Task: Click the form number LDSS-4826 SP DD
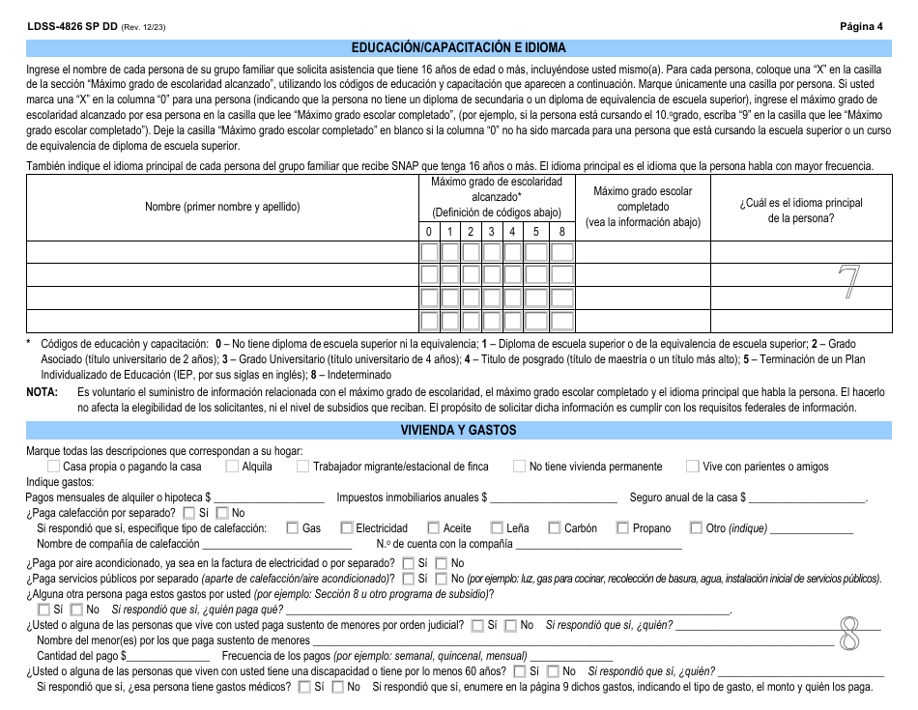pos(72,26)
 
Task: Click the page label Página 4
pos(861,26)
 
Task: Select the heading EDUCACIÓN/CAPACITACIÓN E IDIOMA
pos(458,47)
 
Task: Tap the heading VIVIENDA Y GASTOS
pos(458,430)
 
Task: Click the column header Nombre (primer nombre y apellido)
pos(222,207)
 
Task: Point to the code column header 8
pos(560,232)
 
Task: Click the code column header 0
pos(429,232)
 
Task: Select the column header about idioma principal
pos(801,210)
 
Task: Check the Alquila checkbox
pos(232,467)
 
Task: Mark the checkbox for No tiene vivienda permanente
pos(520,467)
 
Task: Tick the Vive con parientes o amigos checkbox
pos(693,467)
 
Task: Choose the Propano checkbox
pos(623,528)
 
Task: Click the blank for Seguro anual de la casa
pos(807,497)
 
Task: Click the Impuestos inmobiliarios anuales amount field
pos(554,497)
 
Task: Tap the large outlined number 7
pos(847,282)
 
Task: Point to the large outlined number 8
pos(849,634)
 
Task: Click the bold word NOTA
pos(43,392)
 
